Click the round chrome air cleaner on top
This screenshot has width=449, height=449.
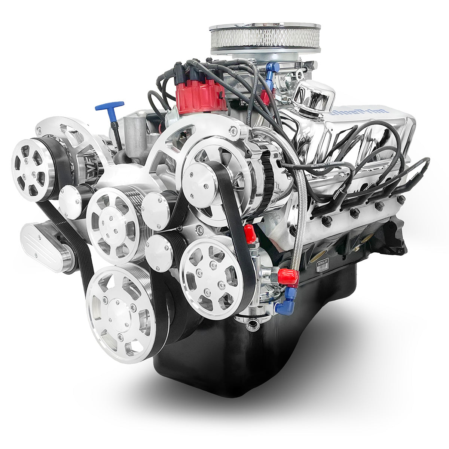pos(265,39)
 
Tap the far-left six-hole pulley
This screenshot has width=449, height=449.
pos(33,169)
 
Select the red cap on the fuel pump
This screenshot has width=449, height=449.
pos(287,276)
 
